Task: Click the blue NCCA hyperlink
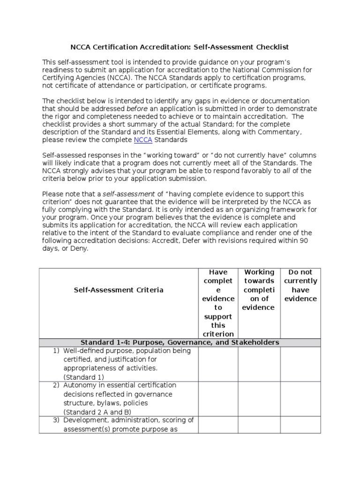pyautogui.click(x=143, y=140)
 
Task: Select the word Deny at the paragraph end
pyautogui.click(x=80, y=249)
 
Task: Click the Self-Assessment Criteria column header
pyautogui.click(x=119, y=290)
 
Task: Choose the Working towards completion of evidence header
pyautogui.click(x=259, y=290)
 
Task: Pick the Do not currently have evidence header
pyautogui.click(x=300, y=285)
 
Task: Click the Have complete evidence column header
pyautogui.click(x=218, y=303)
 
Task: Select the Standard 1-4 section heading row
pyautogui.click(x=180, y=343)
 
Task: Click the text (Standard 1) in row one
pyautogui.click(x=84, y=377)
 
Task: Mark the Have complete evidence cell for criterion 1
pyautogui.click(x=218, y=364)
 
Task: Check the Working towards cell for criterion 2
pyautogui.click(x=259, y=398)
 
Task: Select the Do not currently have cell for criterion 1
pyautogui.click(x=300, y=364)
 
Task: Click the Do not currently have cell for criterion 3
pyautogui.click(x=300, y=425)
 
